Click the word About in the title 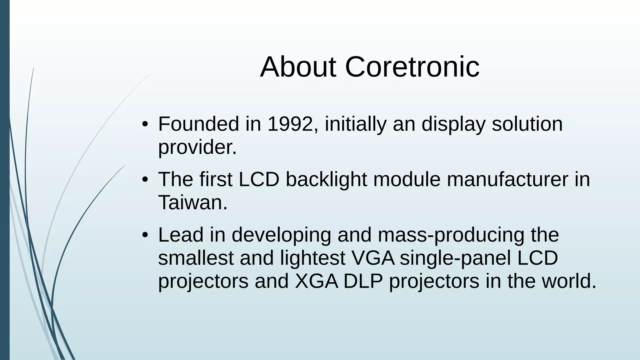click(298, 67)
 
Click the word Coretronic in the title click(412, 67)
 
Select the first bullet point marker click(144, 125)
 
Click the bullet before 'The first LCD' click(144, 180)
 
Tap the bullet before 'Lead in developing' click(144, 236)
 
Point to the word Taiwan click(192, 202)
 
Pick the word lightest click(312, 258)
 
